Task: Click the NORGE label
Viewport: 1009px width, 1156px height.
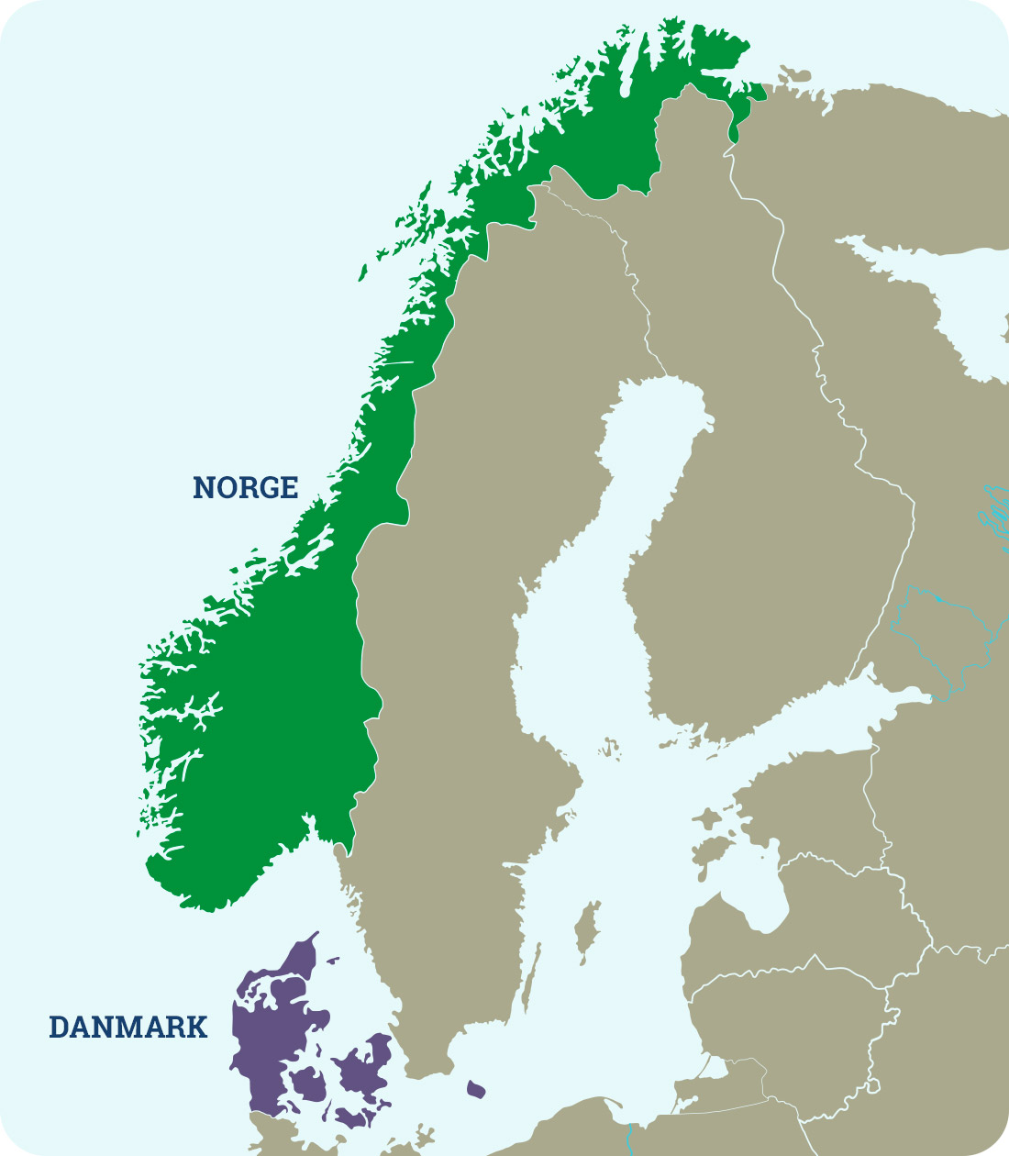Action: (x=245, y=487)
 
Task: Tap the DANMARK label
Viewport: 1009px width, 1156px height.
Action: (x=128, y=1027)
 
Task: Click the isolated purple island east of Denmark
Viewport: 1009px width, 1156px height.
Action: (x=475, y=1089)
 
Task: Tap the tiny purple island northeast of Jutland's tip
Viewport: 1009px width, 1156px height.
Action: (x=332, y=961)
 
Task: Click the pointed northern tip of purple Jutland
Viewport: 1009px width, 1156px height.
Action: (x=316, y=935)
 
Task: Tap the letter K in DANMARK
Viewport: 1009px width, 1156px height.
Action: (x=194, y=1027)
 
